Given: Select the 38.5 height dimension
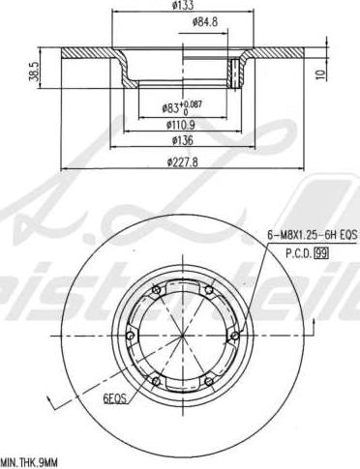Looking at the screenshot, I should coord(35,71).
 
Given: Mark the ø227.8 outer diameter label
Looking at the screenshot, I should coord(179,161).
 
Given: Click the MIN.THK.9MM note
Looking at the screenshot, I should coord(31,462).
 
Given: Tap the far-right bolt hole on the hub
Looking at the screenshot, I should coord(233,337).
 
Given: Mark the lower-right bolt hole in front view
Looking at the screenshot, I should coord(206,383).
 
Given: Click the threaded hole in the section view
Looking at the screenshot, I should coord(233,73).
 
